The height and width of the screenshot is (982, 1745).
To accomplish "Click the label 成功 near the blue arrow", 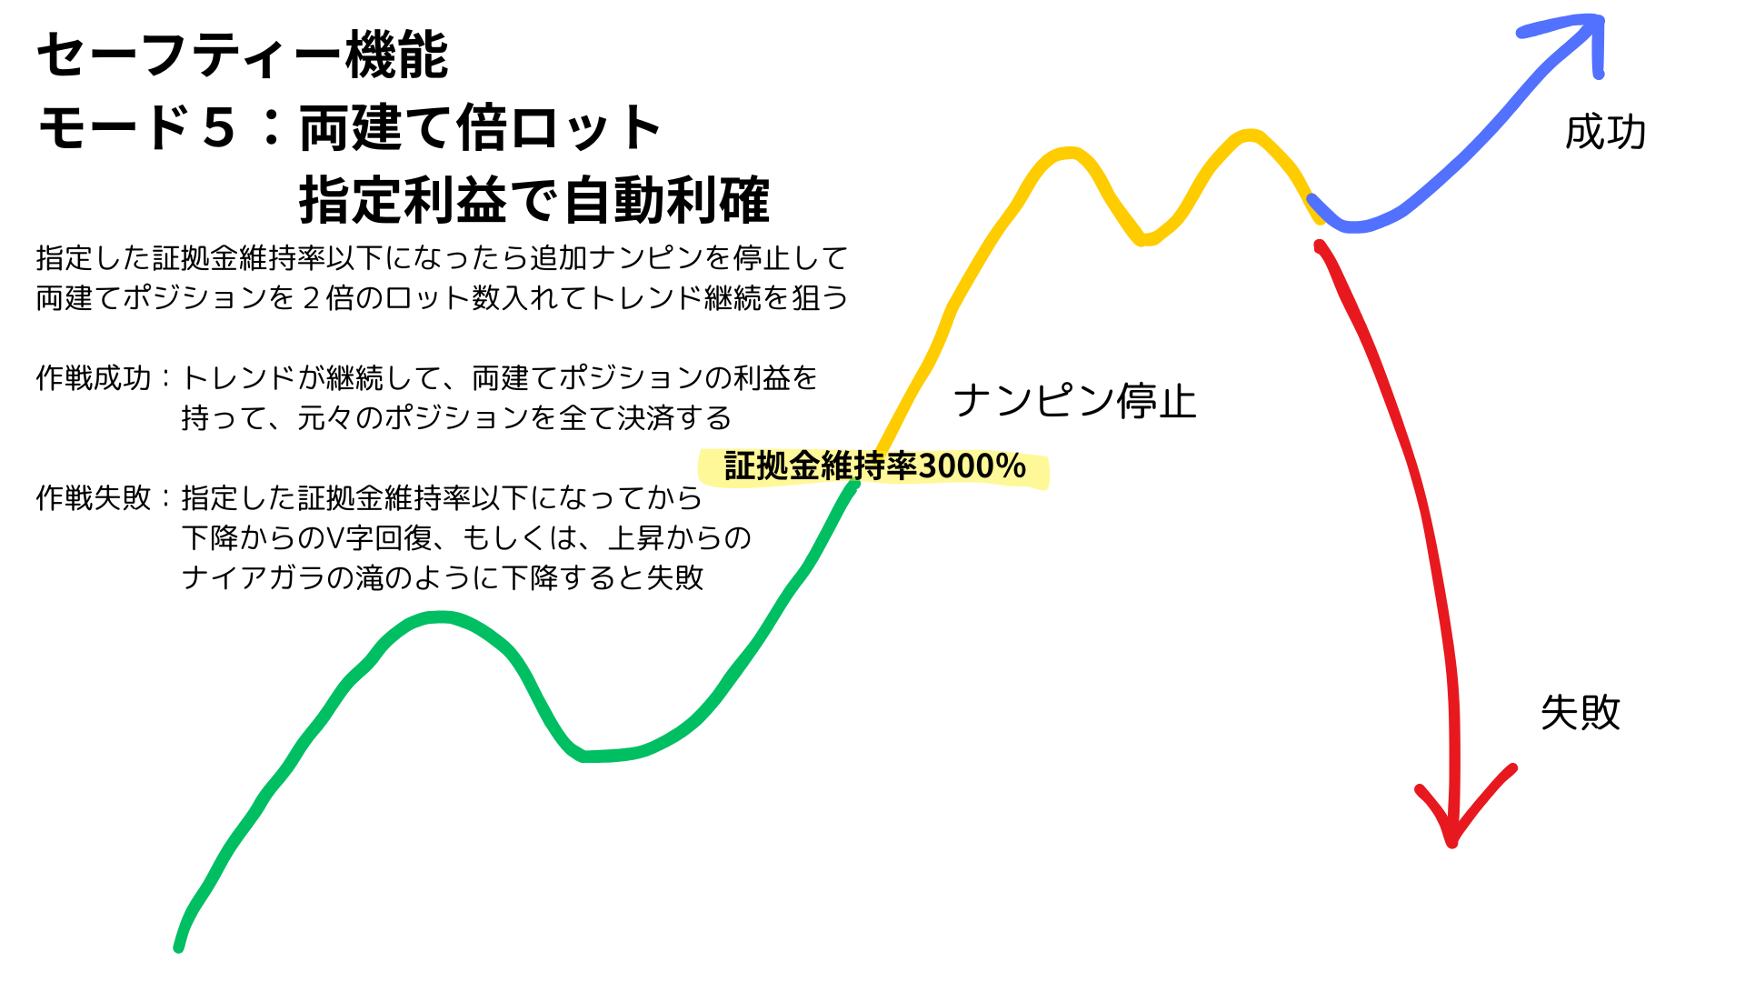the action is coord(1605,133).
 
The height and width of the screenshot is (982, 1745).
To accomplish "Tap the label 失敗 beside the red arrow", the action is coord(1580,713).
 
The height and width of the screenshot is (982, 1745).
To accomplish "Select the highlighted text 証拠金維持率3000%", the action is coord(875,466).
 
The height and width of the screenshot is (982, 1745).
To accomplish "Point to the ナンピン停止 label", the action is coord(1075,401).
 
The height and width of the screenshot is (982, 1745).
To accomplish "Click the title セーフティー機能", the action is coord(243,55).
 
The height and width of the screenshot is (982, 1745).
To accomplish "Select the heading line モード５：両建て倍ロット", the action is coord(350,127).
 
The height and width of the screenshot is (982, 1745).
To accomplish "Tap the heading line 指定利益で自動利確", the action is coord(534,200).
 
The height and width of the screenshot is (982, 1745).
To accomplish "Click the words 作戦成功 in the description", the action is coord(94,377).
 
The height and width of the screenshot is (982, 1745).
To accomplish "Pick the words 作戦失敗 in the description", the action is coord(94,497).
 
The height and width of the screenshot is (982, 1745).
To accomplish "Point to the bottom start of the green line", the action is coord(179,947).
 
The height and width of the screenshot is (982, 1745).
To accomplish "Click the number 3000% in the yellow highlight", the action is coord(972,466).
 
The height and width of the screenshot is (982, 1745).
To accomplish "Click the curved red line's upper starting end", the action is coord(1320,245).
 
